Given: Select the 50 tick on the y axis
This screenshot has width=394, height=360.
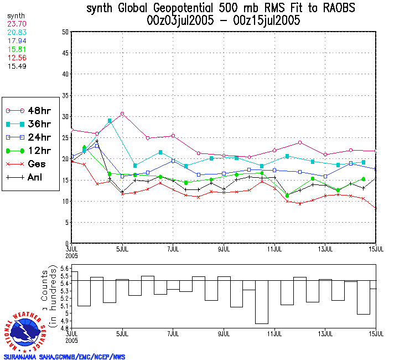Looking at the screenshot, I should click(x=65, y=32).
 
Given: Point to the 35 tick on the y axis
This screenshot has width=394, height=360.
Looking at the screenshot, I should click(x=65, y=95).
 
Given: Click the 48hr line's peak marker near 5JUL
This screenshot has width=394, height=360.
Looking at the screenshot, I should click(x=122, y=114).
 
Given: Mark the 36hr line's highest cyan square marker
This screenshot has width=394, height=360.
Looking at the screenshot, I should click(x=110, y=121).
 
